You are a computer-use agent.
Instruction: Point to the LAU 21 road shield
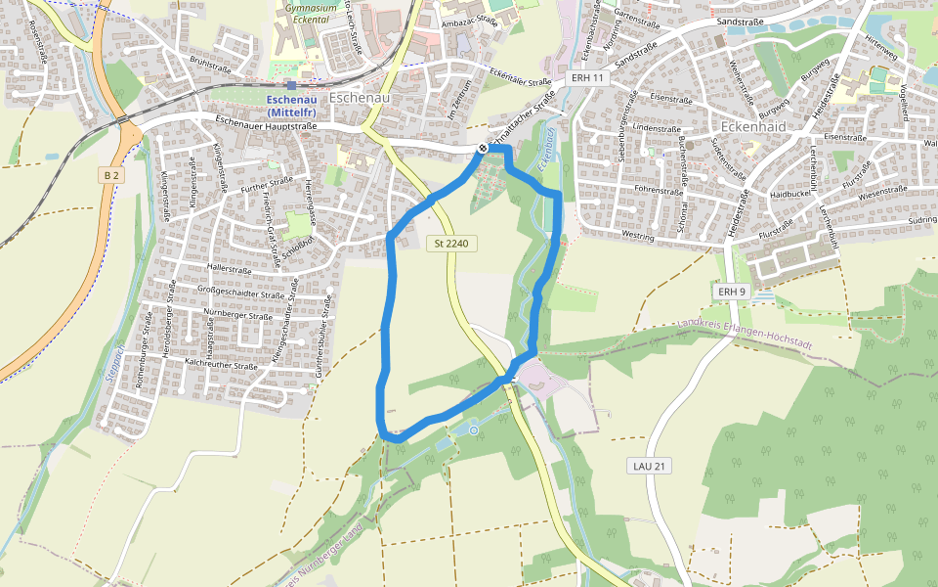coord(649,467)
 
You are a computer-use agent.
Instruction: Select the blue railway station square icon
coord(291,86)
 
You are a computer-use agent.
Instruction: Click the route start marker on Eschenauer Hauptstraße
coord(483,149)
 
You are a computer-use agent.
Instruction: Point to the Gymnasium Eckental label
coord(303,12)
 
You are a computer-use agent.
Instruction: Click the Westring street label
coord(637,236)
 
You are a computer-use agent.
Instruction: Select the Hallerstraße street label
coord(231,266)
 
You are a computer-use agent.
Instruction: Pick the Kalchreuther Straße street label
coord(220,364)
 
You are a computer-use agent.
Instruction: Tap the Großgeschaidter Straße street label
coord(240,292)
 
